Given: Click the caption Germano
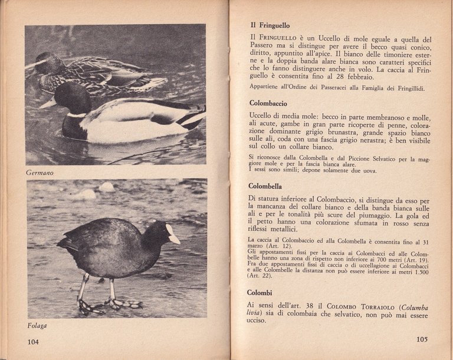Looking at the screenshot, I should point(40,173).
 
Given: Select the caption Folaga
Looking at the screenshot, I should point(37,326).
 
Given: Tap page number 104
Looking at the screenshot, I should point(33,342).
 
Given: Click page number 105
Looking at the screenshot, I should point(421,339).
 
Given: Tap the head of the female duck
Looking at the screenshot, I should point(48,62).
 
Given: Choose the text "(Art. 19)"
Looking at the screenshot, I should point(417,260).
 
